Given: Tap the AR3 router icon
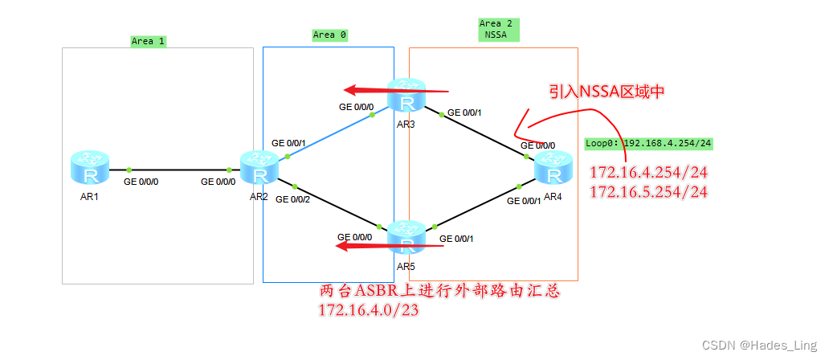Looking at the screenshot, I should click(407, 96).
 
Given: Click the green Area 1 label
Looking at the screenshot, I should click(149, 41).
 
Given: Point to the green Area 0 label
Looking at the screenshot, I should click(329, 35).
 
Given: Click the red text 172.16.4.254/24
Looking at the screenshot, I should click(648, 172).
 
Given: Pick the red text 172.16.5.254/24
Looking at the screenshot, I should click(648, 192).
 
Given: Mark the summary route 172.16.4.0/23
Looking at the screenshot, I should click(369, 309).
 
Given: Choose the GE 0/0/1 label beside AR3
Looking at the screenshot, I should click(464, 112).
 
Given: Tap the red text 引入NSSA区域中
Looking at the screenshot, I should click(606, 92).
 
